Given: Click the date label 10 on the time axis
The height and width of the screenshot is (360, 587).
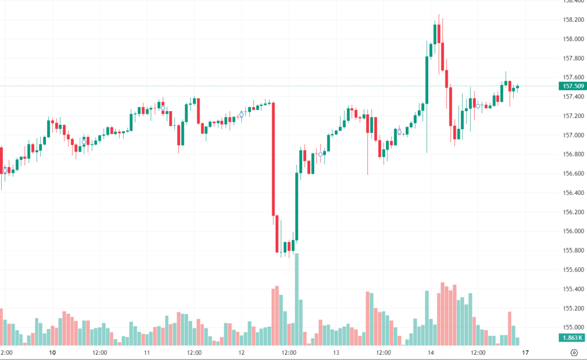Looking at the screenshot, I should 52,353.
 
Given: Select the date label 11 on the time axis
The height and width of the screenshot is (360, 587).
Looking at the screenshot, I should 147,353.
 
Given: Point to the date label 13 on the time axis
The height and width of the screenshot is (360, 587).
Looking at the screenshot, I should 336,353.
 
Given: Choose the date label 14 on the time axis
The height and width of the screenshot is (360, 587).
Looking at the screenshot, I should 431,353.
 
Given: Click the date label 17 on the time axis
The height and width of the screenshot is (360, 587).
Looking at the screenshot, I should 525,353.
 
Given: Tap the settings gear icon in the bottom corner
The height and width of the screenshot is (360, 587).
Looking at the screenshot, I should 575,353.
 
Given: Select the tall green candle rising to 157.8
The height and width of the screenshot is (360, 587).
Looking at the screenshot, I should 426,80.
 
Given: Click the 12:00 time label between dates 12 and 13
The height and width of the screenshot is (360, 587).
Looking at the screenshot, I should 289,353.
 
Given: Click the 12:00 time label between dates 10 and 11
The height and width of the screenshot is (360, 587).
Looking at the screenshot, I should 100,353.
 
